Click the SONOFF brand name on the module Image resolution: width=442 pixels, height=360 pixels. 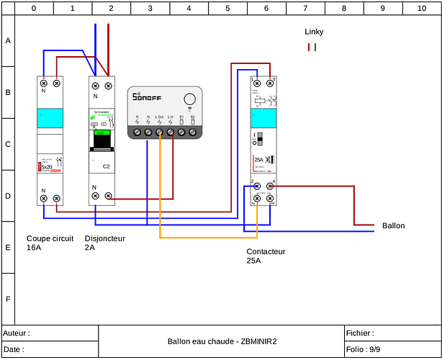tap(147, 97)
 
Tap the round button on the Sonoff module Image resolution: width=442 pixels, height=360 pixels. tap(190, 100)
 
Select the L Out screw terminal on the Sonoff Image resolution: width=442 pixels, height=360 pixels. tap(159, 132)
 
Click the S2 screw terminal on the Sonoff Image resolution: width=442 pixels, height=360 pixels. tap(193, 132)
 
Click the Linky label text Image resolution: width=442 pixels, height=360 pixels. tap(314, 32)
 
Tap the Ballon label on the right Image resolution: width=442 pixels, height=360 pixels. tap(393, 225)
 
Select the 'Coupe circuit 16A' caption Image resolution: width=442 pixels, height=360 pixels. tap(50, 243)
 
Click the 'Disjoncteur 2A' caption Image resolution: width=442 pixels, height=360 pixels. tap(104, 243)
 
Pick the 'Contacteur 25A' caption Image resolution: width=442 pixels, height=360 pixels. tap(266, 256)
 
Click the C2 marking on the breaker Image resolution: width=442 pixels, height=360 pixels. tap(106, 166)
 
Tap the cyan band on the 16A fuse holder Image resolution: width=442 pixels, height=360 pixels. tap(50, 117)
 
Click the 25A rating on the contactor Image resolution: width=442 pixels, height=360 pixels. tap(258, 161)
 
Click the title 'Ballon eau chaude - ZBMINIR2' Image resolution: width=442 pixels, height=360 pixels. tap(222, 341)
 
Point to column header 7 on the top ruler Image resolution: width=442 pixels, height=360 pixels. tap(305, 9)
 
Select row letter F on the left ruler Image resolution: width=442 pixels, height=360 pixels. tap(8, 298)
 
